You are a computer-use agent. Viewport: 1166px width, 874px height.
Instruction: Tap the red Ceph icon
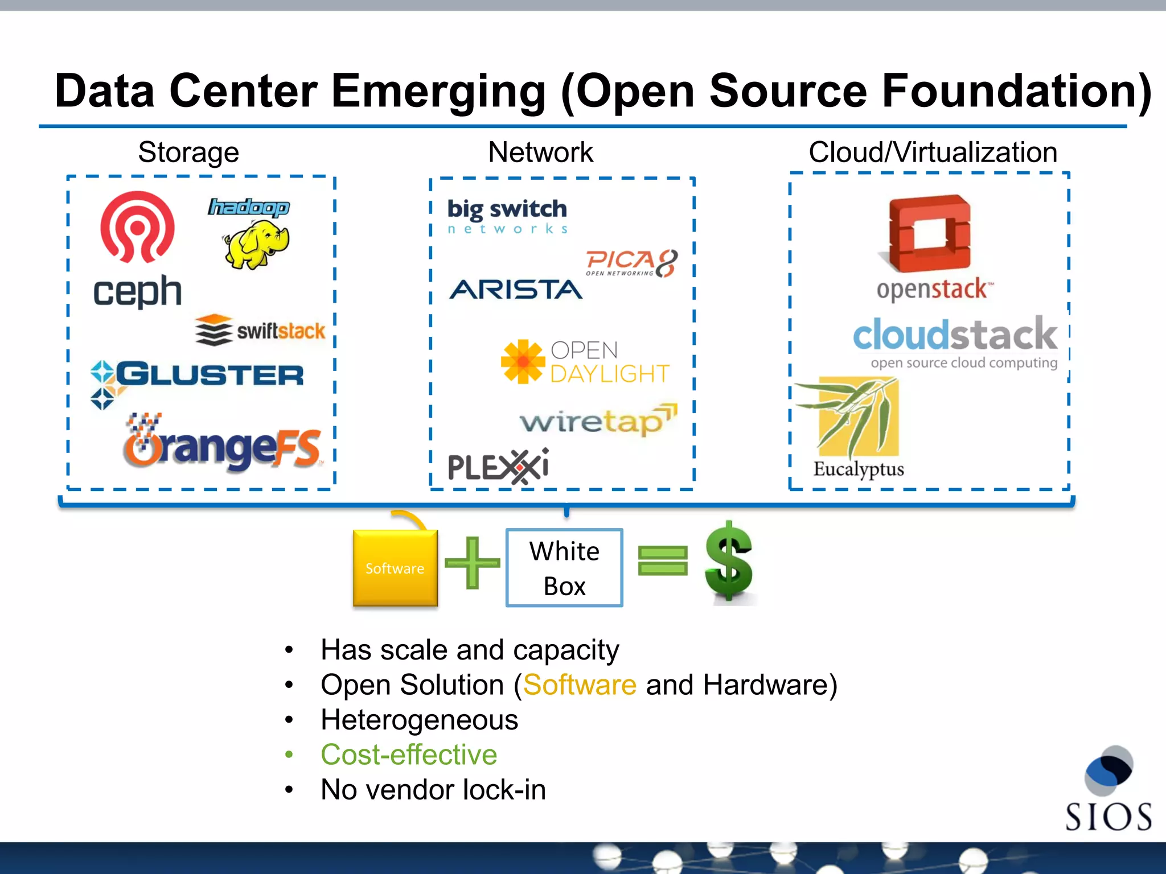(137, 226)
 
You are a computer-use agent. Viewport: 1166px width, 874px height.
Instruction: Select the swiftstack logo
(260, 330)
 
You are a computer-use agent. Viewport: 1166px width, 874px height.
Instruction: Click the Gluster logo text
(210, 374)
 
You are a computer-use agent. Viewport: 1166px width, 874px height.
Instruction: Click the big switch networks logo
(507, 215)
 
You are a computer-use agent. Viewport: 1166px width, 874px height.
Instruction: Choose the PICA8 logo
(632, 263)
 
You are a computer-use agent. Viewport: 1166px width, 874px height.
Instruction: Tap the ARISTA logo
(516, 290)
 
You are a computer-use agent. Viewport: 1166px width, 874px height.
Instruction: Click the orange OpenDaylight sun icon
(523, 362)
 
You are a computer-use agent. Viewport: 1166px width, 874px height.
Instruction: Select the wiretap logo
(598, 420)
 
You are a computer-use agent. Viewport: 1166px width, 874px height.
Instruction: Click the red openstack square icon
(929, 233)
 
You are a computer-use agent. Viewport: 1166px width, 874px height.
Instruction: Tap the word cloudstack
(955, 335)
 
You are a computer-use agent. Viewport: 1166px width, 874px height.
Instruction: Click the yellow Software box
(395, 568)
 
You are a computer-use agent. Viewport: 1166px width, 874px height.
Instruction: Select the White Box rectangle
(564, 568)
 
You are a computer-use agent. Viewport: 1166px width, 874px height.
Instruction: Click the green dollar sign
(729, 562)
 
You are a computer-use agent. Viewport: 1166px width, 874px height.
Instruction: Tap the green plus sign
(472, 563)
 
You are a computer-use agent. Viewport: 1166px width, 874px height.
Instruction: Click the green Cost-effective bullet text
(409, 755)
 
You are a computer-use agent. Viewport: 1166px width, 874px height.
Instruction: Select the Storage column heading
(188, 152)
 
